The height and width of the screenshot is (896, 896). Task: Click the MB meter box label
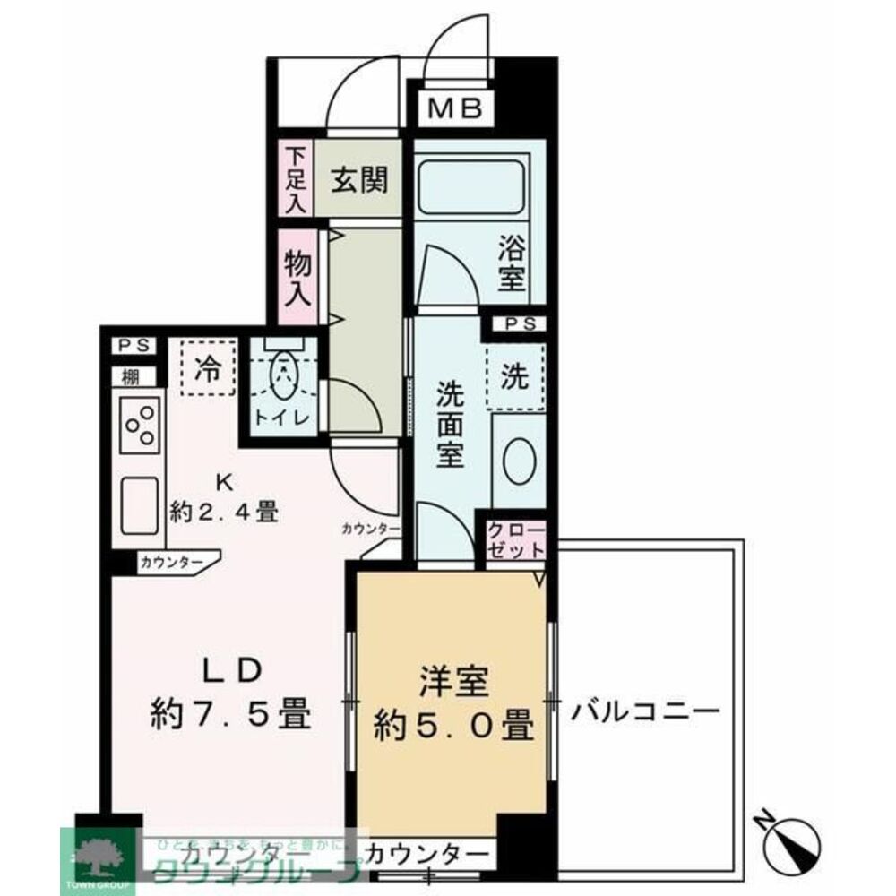click(x=456, y=108)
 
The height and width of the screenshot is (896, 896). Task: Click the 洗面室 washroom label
click(x=450, y=424)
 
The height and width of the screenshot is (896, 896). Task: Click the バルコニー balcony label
click(x=645, y=713)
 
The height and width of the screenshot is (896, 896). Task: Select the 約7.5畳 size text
click(x=229, y=714)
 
